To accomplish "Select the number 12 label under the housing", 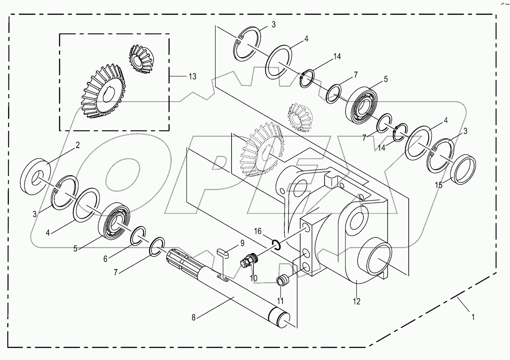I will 357,301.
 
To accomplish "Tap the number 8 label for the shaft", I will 194,318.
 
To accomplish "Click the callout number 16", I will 257,231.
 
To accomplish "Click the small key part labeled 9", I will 222,254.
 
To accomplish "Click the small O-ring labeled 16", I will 277,244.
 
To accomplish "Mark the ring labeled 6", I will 138,236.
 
